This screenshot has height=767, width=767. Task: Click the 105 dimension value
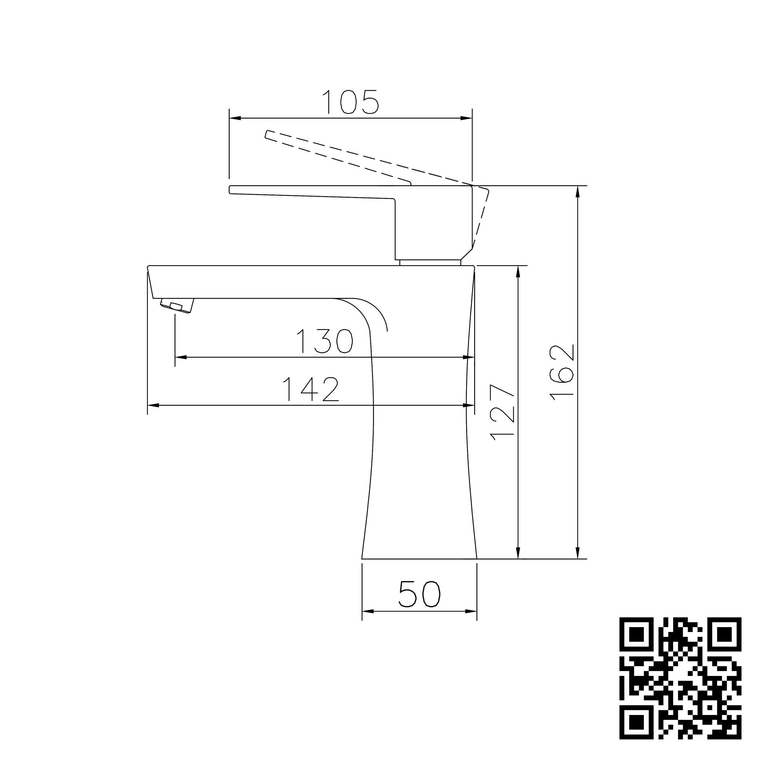coord(351,102)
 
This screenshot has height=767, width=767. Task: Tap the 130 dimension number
coord(324,342)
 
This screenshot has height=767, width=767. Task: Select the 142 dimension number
coord(311,389)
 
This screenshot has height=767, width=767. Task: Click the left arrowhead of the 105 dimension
coord(235,118)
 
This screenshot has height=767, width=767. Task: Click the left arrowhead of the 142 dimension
coord(153,405)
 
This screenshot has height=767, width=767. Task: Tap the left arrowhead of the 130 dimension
coord(181,357)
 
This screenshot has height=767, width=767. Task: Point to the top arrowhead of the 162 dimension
coord(577,192)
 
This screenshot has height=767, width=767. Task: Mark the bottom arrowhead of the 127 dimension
coord(518,553)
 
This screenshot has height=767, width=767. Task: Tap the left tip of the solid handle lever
coord(230,190)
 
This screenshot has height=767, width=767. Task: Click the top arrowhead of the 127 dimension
coord(518,271)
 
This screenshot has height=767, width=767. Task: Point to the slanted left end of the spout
coord(151,282)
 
